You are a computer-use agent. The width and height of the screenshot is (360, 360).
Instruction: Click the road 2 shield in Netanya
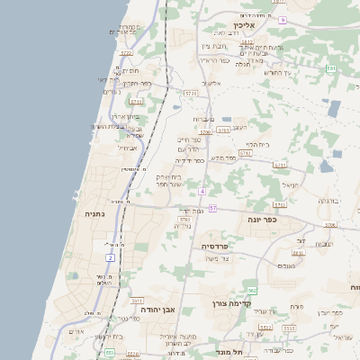(x=110, y=257)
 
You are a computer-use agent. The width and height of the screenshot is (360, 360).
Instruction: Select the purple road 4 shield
(x=203, y=192)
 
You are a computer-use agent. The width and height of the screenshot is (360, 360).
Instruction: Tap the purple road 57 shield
(x=212, y=208)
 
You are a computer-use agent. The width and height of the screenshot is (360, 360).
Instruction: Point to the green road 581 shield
(x=331, y=68)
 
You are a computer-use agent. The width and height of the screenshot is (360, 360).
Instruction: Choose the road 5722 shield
(x=126, y=54)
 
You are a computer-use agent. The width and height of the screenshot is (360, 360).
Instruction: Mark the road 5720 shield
(x=190, y=93)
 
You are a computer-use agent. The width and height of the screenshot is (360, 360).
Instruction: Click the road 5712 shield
(x=245, y=154)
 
